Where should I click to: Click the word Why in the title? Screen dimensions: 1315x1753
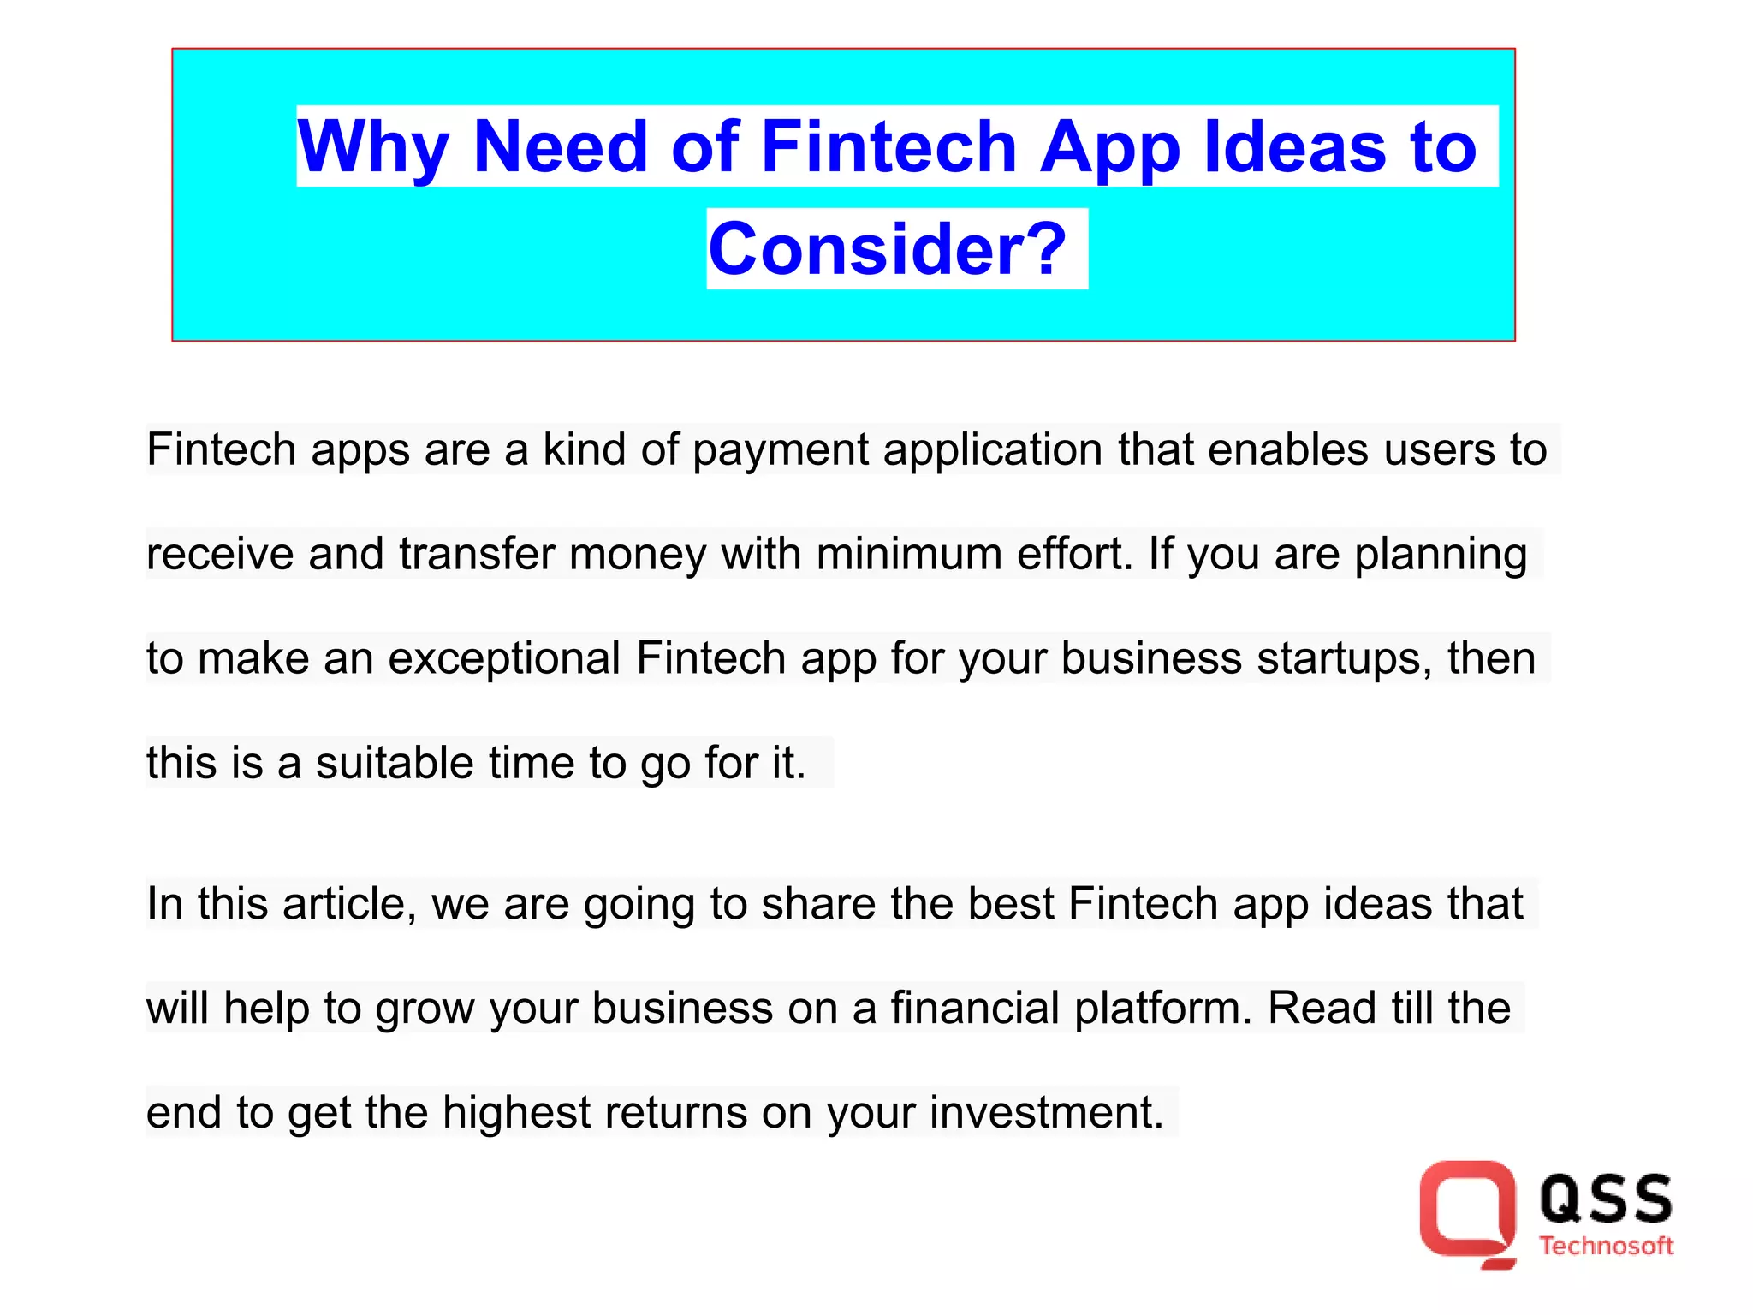click(x=373, y=147)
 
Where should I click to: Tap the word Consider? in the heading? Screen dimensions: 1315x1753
click(x=888, y=249)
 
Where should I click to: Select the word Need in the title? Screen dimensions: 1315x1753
click(x=560, y=147)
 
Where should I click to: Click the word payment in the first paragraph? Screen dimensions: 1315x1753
click(x=781, y=450)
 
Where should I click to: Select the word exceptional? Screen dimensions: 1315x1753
click(x=504, y=658)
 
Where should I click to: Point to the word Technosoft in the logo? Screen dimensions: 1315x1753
click(x=1606, y=1247)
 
